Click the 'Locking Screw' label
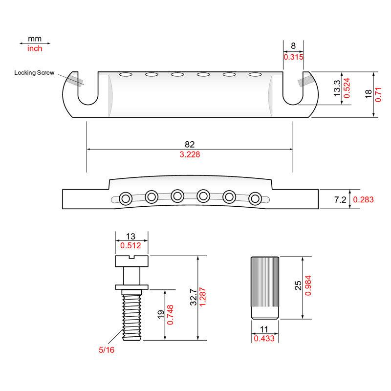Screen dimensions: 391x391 [x=34, y=72]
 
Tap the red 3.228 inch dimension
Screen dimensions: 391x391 [x=190, y=154]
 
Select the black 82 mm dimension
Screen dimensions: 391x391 [x=190, y=144]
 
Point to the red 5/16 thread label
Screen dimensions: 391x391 [x=107, y=349]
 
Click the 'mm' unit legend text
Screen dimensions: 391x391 [x=35, y=39]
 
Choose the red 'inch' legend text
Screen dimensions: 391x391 [x=35, y=48]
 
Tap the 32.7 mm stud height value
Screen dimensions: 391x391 [x=194, y=297]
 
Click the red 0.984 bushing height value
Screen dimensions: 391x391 [x=308, y=285]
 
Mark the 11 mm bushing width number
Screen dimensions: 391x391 [x=264, y=329]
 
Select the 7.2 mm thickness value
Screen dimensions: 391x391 [x=340, y=199]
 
